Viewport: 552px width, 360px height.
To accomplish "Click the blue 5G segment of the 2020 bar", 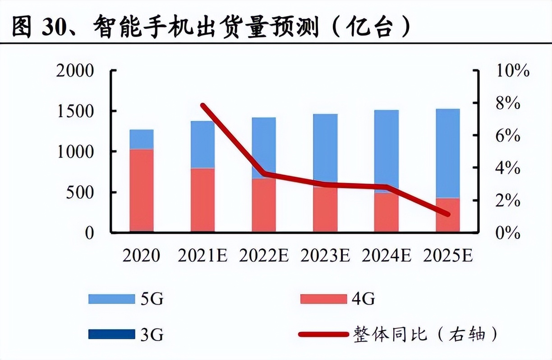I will pyautogui.click(x=142, y=139).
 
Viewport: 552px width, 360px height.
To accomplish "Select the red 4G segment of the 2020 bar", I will pyautogui.click(x=142, y=190).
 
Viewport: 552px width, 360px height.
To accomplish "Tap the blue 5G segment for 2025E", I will pyautogui.click(x=447, y=153).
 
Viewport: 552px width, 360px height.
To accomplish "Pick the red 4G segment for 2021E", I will pyautogui.click(x=202, y=200).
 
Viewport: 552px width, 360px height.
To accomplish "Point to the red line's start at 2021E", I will pyautogui.click(x=203, y=105).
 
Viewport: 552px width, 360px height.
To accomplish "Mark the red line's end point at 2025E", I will pyautogui.click(x=447, y=214).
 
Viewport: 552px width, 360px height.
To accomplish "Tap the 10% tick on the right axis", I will pyautogui.click(x=512, y=71).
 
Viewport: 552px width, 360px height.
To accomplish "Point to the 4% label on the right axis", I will pyautogui.click(x=508, y=168).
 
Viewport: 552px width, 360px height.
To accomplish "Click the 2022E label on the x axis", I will pyautogui.click(x=264, y=256).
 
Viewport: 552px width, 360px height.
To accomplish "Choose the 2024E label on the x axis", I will pyautogui.click(x=386, y=256).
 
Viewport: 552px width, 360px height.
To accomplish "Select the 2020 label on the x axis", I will pyautogui.click(x=141, y=256).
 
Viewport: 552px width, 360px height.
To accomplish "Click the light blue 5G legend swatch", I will pyautogui.click(x=111, y=299).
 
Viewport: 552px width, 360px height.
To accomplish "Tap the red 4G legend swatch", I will pyautogui.click(x=323, y=299).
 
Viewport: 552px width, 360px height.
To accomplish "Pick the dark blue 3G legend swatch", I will pyautogui.click(x=111, y=334).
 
